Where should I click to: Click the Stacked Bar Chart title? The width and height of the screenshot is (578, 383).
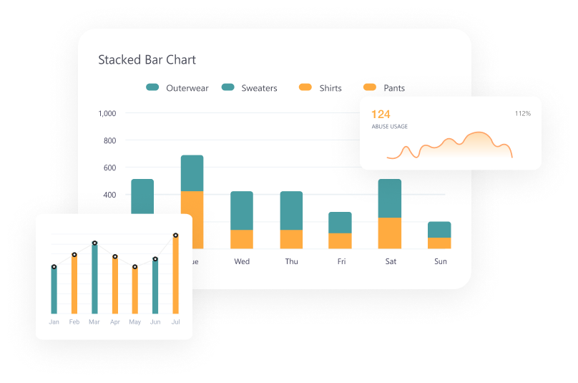[147, 60]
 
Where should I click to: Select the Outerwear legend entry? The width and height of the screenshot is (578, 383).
[177, 88]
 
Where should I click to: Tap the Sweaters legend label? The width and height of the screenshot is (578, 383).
[250, 88]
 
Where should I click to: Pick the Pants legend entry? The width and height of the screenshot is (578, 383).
[384, 88]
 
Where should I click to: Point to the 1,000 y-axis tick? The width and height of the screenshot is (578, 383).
[107, 113]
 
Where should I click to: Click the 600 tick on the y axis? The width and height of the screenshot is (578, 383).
[109, 168]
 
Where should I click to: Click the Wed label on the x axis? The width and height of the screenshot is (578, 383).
[242, 261]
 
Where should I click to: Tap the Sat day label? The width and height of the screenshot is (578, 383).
[391, 261]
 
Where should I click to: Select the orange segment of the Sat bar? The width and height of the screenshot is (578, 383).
[390, 233]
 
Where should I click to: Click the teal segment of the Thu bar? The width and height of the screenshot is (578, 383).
[291, 210]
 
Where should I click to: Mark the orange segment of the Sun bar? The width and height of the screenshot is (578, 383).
[439, 243]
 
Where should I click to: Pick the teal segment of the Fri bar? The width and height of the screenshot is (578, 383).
[341, 223]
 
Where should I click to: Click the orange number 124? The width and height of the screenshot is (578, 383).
[381, 115]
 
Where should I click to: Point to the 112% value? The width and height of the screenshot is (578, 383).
[523, 114]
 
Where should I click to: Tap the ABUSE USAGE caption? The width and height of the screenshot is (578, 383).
[390, 127]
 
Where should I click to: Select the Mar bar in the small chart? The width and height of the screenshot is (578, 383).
[94, 279]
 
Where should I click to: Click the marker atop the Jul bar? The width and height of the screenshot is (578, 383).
[175, 236]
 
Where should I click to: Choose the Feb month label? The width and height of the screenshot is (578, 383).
[74, 322]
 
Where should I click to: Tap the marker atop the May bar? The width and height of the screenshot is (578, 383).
[134, 267]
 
